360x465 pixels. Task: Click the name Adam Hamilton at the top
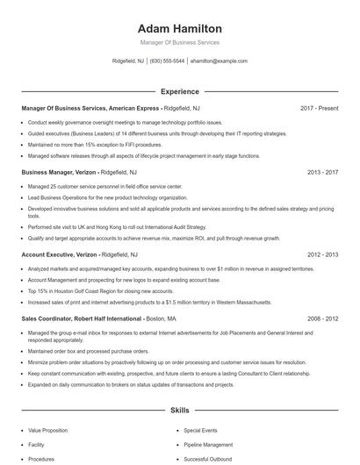click(x=180, y=29)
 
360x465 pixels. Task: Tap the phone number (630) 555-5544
click(x=167, y=61)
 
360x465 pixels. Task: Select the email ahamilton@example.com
click(x=219, y=61)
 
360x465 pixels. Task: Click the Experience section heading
click(x=180, y=91)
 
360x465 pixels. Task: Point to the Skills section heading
click(x=180, y=410)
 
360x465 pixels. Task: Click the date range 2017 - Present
click(x=319, y=108)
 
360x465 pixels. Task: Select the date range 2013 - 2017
click(x=322, y=173)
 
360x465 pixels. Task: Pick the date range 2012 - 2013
click(x=322, y=254)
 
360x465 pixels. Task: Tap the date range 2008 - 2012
click(x=322, y=318)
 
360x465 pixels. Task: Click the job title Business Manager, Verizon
click(x=58, y=173)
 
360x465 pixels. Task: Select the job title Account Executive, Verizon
click(x=59, y=254)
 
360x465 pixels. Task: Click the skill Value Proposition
click(x=47, y=431)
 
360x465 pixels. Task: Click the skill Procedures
click(x=41, y=459)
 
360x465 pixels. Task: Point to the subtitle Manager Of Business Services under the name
click(x=180, y=42)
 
